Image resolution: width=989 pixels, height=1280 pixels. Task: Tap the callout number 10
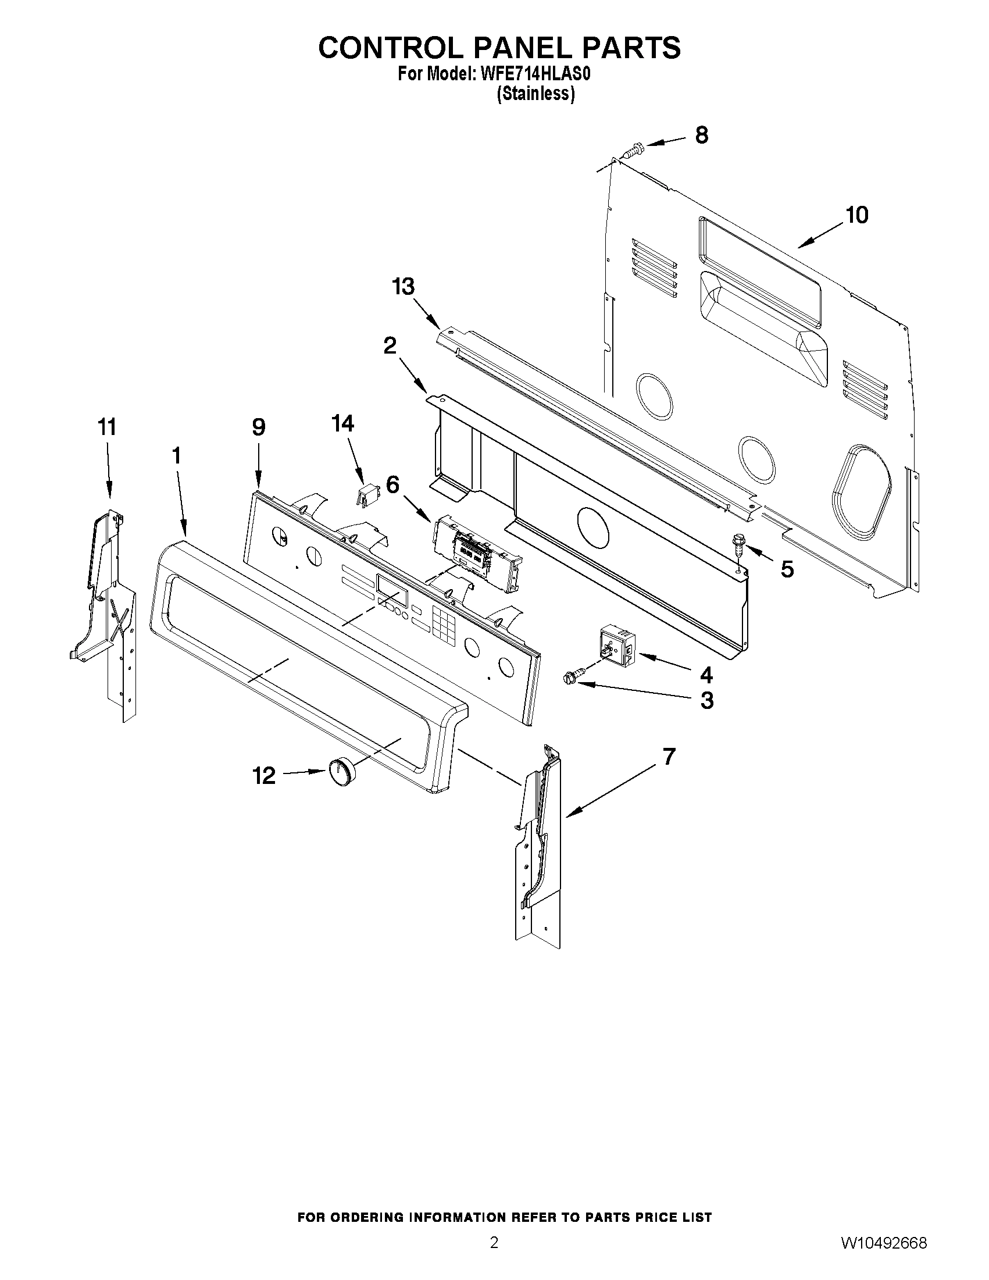pyautogui.click(x=856, y=215)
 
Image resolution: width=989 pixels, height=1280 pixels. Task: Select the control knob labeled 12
pyautogui.click(x=340, y=771)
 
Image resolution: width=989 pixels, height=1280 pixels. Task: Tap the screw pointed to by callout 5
pyautogui.click(x=737, y=545)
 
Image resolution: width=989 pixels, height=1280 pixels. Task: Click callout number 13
pyautogui.click(x=404, y=287)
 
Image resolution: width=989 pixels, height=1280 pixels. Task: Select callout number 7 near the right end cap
pyautogui.click(x=669, y=757)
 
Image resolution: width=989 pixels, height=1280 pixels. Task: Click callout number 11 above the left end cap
pyautogui.click(x=106, y=427)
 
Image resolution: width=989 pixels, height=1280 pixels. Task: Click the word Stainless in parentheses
pyautogui.click(x=535, y=94)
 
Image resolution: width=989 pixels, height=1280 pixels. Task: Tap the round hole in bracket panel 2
pyautogui.click(x=593, y=526)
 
